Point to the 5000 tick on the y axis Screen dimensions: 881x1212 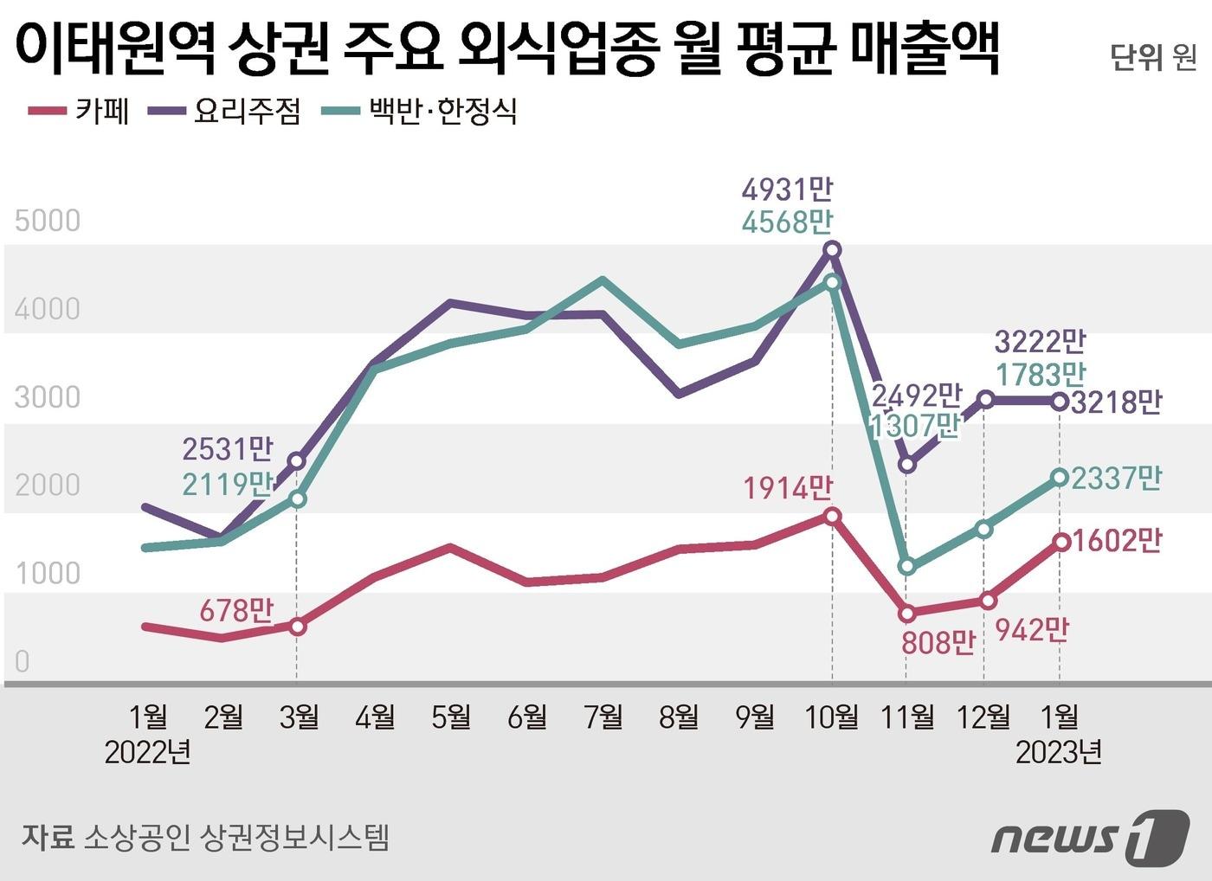click(48, 221)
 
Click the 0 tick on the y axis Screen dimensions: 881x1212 click(23, 661)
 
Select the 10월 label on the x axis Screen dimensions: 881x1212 click(832, 717)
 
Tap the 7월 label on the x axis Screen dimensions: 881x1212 click(603, 717)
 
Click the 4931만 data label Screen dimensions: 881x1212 click(787, 190)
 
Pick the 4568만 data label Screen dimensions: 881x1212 click(787, 222)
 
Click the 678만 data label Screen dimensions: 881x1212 click(236, 611)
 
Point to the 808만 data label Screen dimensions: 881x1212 click(938, 642)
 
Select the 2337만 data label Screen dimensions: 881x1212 click(1116, 478)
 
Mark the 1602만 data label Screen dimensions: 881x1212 click(1116, 541)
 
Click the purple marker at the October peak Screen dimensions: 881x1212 click(832, 250)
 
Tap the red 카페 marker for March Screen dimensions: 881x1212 click(297, 626)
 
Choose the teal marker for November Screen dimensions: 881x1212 click(906, 567)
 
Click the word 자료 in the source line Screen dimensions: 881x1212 click(47, 837)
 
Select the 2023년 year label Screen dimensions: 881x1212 click(1059, 753)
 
